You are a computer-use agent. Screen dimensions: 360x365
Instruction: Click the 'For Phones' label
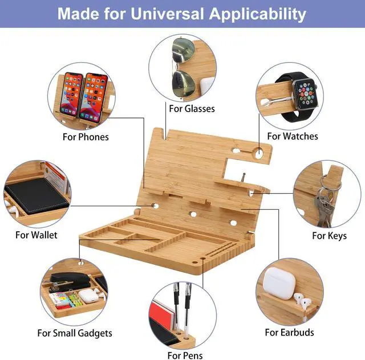click(x=86, y=137)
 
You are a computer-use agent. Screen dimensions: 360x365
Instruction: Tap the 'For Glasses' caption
click(x=192, y=108)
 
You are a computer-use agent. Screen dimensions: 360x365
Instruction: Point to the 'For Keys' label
click(x=329, y=235)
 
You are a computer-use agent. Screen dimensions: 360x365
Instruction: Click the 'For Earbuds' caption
click(x=289, y=332)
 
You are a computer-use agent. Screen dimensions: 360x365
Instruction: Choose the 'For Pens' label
click(x=185, y=355)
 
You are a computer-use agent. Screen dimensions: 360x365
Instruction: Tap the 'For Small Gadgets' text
click(x=75, y=333)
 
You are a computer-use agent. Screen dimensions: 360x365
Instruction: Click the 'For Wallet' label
click(x=36, y=235)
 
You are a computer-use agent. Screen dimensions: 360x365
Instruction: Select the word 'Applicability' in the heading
click(x=258, y=14)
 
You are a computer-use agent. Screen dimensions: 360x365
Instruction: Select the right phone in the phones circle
click(x=94, y=97)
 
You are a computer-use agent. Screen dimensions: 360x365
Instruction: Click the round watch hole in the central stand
click(x=258, y=153)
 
